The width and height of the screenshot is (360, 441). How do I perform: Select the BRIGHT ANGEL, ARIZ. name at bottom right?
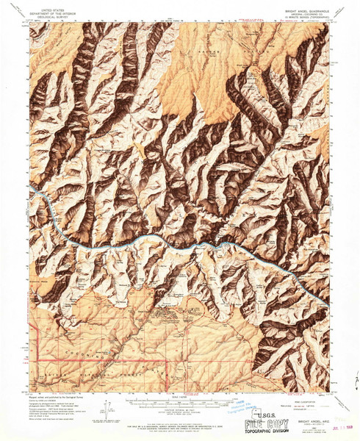(305, 414)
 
